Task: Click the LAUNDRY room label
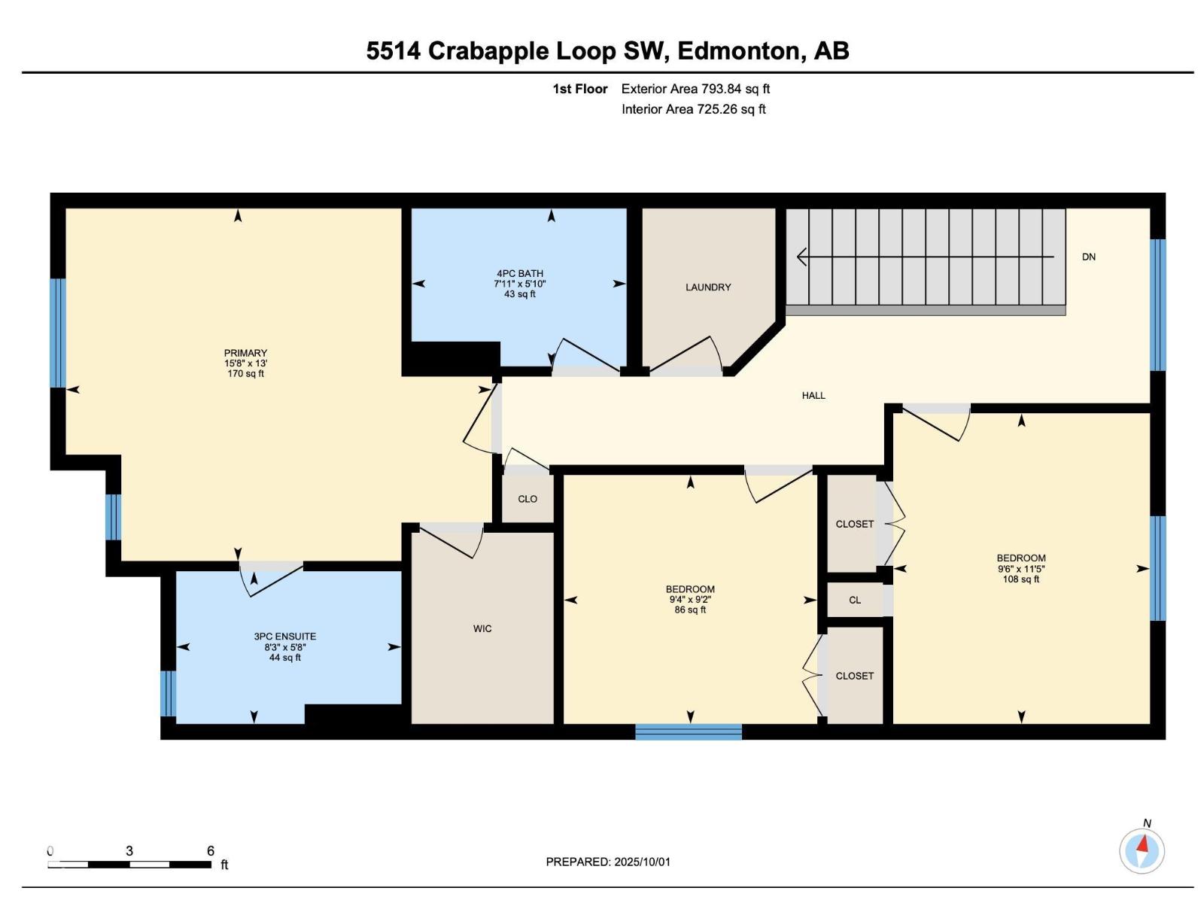coord(707,287)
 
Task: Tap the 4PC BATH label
coord(519,274)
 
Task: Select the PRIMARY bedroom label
coord(245,353)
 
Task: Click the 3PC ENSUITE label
coord(284,637)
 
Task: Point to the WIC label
coord(482,628)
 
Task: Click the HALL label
coord(813,395)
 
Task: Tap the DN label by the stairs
coord(1088,257)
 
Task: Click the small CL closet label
coord(854,600)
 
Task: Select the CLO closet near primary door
coord(528,499)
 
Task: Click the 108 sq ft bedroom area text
coord(1020,579)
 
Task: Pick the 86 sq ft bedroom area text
coord(689,610)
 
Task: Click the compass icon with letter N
coord(1142,851)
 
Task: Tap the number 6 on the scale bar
coord(211,851)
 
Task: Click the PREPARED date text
coord(608,862)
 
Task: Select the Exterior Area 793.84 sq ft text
coord(695,89)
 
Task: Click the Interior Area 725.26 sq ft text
coord(693,109)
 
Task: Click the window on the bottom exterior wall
coord(689,731)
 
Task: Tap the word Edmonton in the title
coord(737,50)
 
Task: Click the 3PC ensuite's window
coord(169,693)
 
